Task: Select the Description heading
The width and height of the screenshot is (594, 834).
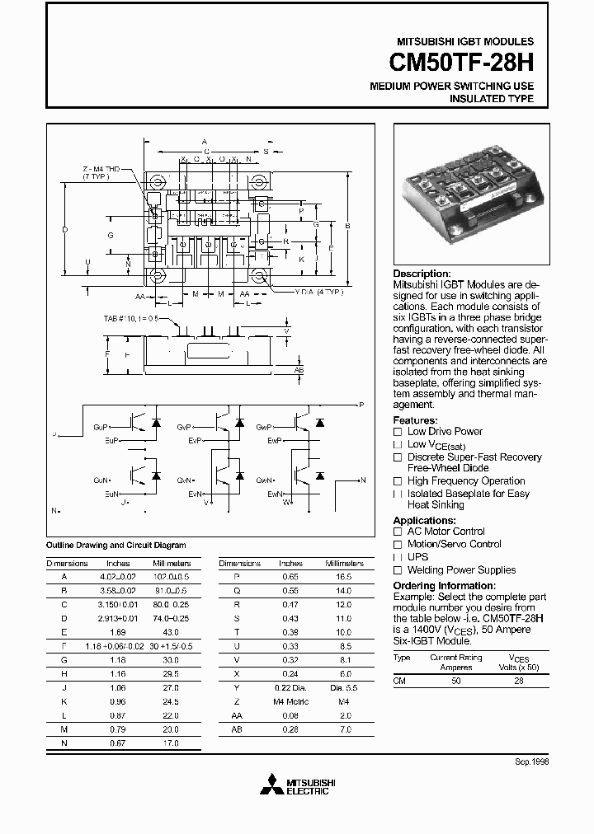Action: [x=422, y=274]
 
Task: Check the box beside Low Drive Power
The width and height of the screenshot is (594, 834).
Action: [x=398, y=432]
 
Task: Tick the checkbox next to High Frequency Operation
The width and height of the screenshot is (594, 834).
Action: [x=398, y=481]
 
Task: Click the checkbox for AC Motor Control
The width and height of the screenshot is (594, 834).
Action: [x=398, y=532]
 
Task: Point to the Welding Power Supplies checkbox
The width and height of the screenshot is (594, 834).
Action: [x=398, y=570]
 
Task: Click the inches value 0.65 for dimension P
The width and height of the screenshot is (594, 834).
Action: [x=290, y=578]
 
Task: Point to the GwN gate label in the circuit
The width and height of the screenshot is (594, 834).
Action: [x=265, y=480]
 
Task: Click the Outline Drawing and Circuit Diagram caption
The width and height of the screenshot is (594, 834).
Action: [x=115, y=545]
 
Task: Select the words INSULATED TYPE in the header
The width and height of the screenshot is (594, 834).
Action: [x=491, y=99]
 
